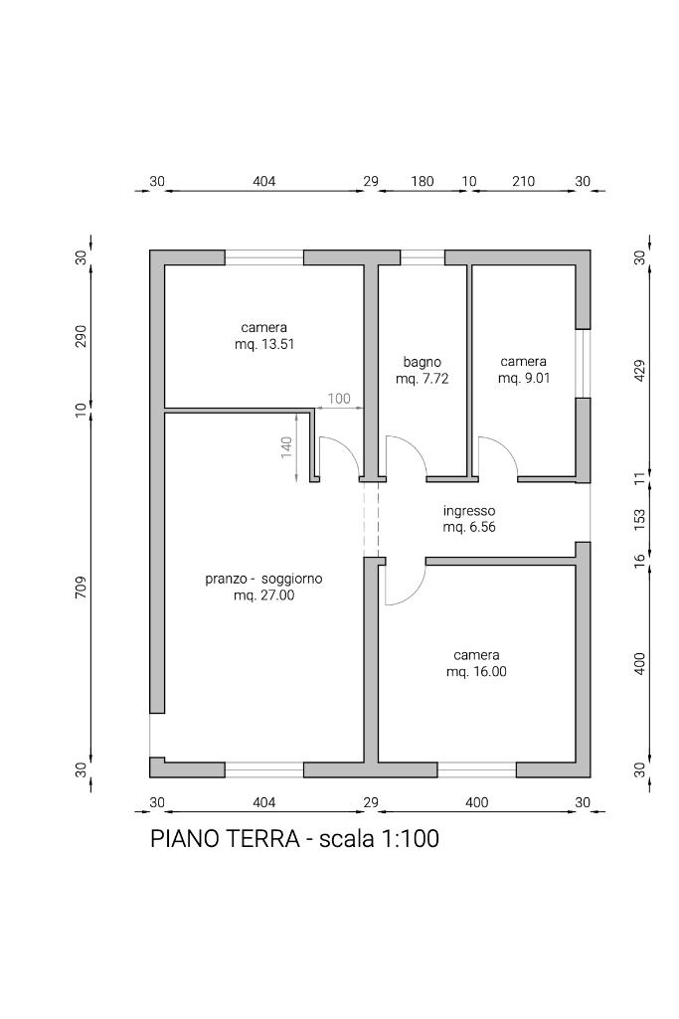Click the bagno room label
pos(422,362)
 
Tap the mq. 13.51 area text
pos(264,344)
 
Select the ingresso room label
pos(469,511)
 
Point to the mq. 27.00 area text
pos(263,594)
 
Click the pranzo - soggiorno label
pos(263,579)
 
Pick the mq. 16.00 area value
pos(476,671)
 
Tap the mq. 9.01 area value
pos(524,378)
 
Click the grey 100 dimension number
pos(339,399)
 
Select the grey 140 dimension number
pos(286,447)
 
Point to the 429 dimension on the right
pos(639,370)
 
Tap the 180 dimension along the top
pos(423,181)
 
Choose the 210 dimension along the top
pos(523,181)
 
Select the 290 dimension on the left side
pos(81,336)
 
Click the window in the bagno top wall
pos(423,258)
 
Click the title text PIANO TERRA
pos(225,838)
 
